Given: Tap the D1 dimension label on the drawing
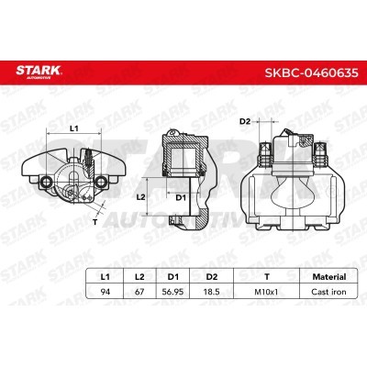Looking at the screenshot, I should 181,196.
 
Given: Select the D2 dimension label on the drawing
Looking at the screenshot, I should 245,120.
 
